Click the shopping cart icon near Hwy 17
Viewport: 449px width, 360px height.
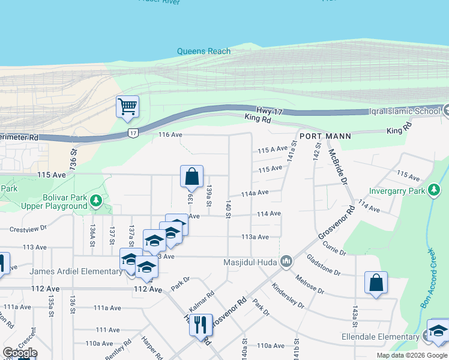127,107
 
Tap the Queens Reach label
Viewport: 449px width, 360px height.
203,52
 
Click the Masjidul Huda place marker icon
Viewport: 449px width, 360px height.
286,262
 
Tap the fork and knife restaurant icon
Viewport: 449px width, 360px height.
200,325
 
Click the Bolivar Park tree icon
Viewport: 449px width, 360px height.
95,199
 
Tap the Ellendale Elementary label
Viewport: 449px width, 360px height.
380,337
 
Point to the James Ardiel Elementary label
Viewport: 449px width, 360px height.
76,272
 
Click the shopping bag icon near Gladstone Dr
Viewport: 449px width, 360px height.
376,283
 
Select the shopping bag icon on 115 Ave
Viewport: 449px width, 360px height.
191,177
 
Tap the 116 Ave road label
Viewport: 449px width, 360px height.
170,135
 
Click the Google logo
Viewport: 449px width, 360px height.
20,352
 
